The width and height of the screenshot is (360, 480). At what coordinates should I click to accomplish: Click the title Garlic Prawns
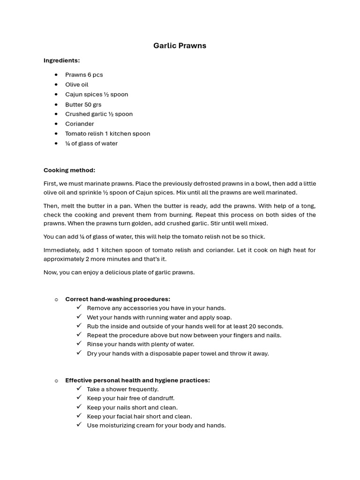180,45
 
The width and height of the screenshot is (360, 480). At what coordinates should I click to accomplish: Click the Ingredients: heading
61,60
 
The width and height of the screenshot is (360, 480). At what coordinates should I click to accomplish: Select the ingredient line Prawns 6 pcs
84,75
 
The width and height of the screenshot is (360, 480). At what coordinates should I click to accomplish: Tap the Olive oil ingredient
76,84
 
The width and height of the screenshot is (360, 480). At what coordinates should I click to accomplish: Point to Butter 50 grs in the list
83,105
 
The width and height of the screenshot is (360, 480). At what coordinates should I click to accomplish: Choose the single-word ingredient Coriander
79,124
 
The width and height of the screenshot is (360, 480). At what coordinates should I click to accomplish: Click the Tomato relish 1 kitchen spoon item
107,134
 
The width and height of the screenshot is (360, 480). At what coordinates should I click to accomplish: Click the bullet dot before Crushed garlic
56,114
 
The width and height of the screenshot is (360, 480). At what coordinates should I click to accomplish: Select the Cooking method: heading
69,170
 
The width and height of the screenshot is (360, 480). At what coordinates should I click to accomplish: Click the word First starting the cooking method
50,184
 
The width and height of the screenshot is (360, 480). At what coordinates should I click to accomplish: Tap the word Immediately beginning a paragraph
60,250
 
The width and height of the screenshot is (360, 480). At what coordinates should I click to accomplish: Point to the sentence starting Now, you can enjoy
119,272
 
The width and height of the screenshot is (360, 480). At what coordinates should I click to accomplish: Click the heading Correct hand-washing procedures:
117,299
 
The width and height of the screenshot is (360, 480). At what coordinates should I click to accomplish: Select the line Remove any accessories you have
150,308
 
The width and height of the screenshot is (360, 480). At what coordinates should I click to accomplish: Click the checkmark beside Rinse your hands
79,344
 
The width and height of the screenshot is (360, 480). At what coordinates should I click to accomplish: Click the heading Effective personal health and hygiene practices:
137,380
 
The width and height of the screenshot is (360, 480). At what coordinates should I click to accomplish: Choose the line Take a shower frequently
122,389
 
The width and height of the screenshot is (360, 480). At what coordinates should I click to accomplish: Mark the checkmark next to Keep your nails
79,407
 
